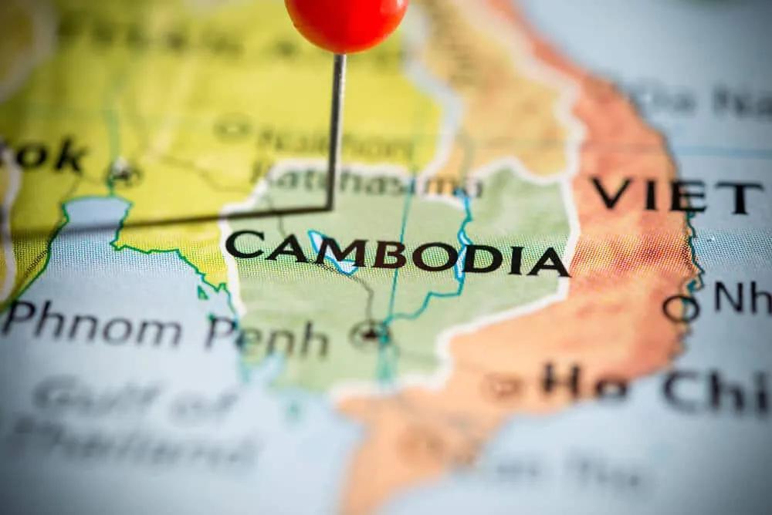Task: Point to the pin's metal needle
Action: (x=337, y=131)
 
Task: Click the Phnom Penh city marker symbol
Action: (x=371, y=333)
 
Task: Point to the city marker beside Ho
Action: (x=505, y=383)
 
